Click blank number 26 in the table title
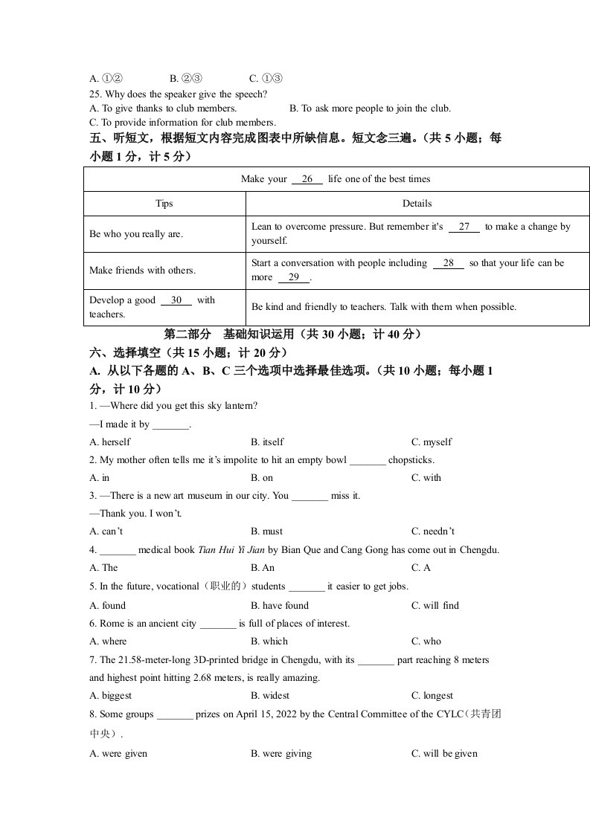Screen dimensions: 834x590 click(307, 179)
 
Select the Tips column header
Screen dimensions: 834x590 click(164, 204)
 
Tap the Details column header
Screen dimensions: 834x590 click(417, 204)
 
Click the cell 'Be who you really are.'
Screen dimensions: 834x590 click(135, 234)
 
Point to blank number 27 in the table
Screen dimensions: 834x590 click(464, 227)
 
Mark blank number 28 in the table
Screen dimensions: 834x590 click(448, 263)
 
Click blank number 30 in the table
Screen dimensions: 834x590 click(176, 300)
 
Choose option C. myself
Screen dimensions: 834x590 click(432, 442)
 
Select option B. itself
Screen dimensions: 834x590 click(267, 442)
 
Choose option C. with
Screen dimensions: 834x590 click(426, 478)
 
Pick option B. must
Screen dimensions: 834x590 click(266, 531)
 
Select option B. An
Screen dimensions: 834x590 click(263, 568)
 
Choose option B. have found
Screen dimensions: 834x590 click(279, 606)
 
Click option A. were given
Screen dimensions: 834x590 click(118, 754)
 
